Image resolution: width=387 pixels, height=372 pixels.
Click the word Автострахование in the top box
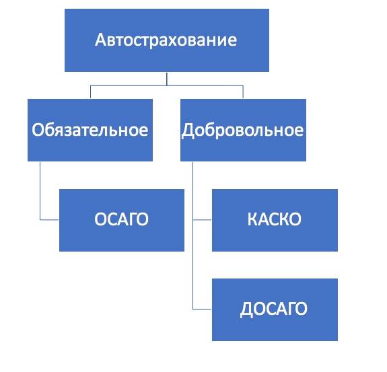coord(166,40)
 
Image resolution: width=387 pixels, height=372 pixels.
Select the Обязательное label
coord(90,130)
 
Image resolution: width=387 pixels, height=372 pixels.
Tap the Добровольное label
coord(243,131)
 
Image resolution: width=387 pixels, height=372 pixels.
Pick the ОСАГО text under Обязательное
coord(121,219)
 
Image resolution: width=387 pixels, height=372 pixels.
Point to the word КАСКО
coord(275,219)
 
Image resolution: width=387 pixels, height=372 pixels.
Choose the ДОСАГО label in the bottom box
coord(274,309)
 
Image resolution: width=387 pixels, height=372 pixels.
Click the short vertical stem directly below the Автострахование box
coord(167,79)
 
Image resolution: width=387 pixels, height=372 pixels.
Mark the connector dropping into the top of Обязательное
coord(90,92)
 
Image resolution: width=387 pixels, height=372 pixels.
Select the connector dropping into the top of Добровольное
coord(243,92)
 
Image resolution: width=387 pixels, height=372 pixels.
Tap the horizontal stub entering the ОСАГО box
coord(49,219)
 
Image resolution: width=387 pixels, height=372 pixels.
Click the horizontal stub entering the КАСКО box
coord(202,219)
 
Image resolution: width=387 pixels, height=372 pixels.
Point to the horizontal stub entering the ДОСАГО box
coord(202,309)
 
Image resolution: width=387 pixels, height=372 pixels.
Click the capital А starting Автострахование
coord(101,40)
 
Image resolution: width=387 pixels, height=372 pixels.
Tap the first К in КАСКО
coord(252,219)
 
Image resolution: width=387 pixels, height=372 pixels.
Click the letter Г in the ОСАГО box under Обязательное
coord(133,219)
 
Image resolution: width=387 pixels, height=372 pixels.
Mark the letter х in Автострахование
coord(171,41)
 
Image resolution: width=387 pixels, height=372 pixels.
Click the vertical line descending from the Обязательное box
coord(40,190)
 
